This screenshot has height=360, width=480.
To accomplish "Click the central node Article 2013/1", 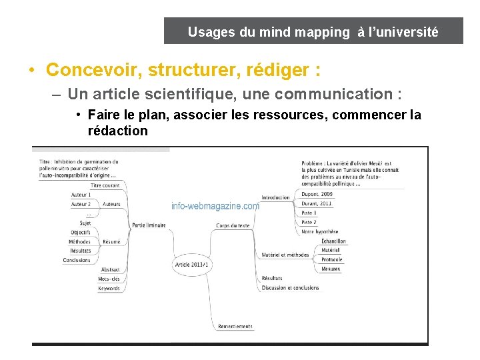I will [192, 265].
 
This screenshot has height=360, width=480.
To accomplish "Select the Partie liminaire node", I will [149, 225].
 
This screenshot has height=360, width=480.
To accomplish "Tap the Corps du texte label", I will [233, 226].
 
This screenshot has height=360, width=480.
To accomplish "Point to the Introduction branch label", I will [275, 197].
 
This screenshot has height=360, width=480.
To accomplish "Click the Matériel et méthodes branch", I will [285, 255].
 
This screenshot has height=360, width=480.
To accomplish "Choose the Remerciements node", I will [235, 327].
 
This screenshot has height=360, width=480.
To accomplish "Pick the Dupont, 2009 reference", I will [317, 194].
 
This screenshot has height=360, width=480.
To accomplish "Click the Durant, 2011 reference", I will [316, 203].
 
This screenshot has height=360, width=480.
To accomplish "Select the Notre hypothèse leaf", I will [319, 232].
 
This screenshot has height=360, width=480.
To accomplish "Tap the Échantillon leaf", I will [333, 241].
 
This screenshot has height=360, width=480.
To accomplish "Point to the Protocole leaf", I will [331, 259].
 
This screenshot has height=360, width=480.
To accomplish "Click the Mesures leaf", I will [330, 269].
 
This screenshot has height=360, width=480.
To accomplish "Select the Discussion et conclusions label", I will [290, 288].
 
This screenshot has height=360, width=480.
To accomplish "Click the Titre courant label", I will [105, 185].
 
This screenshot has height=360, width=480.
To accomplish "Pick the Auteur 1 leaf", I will [81, 195].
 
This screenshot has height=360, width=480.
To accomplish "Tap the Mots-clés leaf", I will [109, 279].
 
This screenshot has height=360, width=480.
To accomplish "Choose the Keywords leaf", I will [109, 289].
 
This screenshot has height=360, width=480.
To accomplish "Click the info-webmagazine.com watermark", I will [215, 207].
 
